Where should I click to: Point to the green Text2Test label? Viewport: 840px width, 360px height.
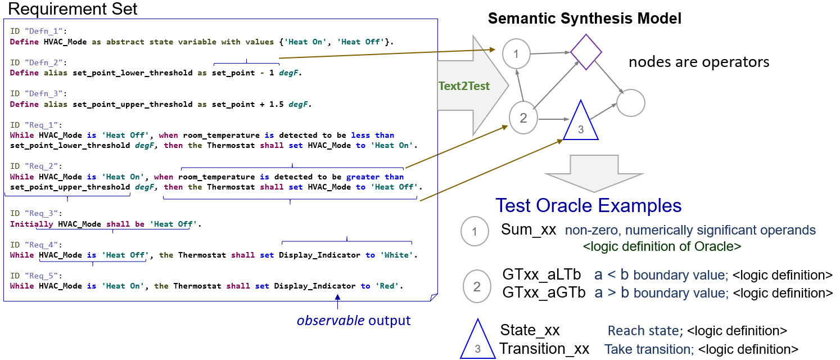[x=464, y=86]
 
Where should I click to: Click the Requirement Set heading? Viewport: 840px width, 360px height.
[x=73, y=8]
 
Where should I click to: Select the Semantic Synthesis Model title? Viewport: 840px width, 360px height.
[x=584, y=19]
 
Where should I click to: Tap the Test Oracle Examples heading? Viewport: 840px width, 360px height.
[x=588, y=205]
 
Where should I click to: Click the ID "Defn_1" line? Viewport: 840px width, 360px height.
[x=38, y=31]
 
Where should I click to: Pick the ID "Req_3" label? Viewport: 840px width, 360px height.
[x=36, y=213]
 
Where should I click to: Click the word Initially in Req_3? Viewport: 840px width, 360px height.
[x=31, y=224]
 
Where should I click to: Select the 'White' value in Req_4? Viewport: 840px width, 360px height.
[x=397, y=255]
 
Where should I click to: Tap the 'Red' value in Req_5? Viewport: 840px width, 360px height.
[x=387, y=286]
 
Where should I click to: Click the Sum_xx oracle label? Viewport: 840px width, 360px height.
[x=529, y=229]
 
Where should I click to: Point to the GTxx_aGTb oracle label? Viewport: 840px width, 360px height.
[x=544, y=293]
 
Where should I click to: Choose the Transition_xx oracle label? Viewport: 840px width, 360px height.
[x=544, y=349]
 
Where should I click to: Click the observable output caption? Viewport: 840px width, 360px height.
[x=354, y=321]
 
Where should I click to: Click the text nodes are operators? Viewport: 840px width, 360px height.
[x=699, y=62]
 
